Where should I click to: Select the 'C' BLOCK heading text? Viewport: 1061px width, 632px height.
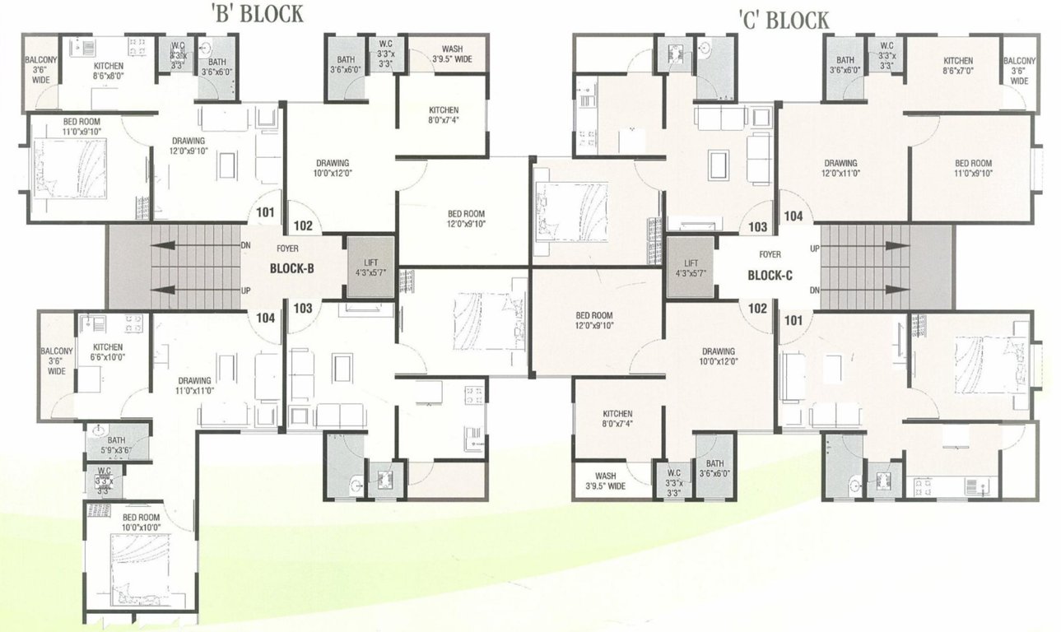pos(783,20)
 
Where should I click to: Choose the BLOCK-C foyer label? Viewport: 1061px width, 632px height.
pos(770,276)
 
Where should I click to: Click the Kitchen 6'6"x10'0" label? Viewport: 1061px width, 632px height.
pos(108,352)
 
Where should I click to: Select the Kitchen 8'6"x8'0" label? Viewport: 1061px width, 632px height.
pos(109,70)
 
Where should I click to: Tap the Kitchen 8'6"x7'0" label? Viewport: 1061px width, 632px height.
pos(958,66)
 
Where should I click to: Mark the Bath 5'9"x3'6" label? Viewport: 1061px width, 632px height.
pos(116,445)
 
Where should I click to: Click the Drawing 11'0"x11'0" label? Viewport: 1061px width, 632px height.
pos(195,386)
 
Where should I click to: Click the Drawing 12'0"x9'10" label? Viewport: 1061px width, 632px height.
pos(188,146)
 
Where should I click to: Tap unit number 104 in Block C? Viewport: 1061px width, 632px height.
pos(793,216)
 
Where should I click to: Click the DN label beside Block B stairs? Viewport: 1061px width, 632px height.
pos(245,245)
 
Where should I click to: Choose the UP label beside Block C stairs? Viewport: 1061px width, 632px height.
pos(814,248)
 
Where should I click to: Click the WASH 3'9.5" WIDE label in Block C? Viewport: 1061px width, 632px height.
pos(606,481)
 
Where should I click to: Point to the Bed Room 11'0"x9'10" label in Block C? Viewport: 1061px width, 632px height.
pos(974,169)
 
